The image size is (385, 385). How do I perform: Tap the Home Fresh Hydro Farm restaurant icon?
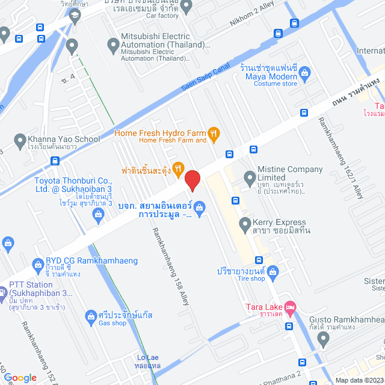(213, 134)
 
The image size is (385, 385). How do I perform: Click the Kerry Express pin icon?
(244, 226)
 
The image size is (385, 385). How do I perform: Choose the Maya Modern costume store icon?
(304, 75)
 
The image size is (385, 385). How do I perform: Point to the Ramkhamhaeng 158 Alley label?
(171, 266)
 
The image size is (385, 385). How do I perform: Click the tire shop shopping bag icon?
(273, 272)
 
